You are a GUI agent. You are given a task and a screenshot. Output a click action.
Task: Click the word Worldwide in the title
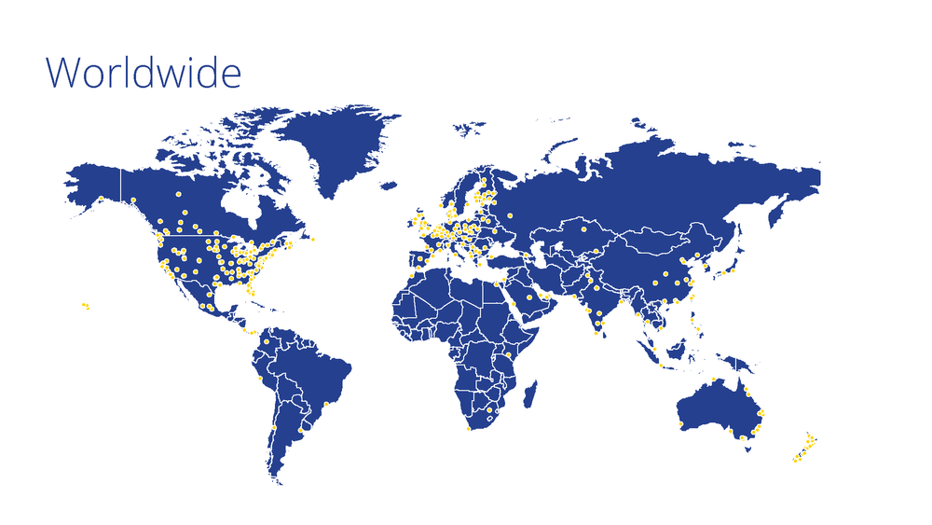click(x=144, y=73)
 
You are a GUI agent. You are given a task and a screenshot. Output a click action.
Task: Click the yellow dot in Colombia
click(x=267, y=341)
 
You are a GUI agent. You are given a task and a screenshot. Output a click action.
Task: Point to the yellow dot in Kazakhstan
click(x=583, y=228)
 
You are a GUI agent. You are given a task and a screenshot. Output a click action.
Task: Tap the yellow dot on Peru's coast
click(x=260, y=379)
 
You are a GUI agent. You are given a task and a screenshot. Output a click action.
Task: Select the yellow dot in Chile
click(x=272, y=428)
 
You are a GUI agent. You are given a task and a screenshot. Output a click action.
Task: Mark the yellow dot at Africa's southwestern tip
click(x=468, y=430)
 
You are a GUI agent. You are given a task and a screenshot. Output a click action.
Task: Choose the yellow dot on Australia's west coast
click(x=681, y=426)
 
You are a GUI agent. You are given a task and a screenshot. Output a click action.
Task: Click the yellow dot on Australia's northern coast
click(x=713, y=380)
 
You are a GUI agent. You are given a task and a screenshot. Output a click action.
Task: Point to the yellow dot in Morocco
click(x=411, y=276)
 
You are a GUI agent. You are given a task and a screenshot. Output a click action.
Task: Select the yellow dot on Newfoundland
click(x=313, y=240)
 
